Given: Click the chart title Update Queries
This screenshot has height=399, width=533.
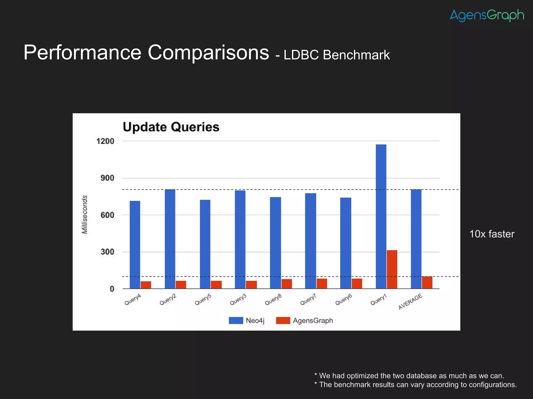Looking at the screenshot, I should coord(171,127).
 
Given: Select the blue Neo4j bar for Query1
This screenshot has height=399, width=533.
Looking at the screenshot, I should coord(381,216).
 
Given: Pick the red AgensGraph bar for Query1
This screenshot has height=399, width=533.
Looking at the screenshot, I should coord(392,269).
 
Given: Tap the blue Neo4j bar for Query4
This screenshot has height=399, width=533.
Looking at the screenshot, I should coord(135,244).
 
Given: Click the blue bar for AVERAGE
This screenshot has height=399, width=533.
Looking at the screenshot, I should coord(416,239).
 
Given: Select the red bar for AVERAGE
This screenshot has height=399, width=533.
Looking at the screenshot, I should coord(427,282).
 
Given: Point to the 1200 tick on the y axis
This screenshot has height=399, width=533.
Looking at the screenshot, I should coord(105,141).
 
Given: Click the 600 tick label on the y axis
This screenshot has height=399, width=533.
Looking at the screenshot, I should coord(107,215).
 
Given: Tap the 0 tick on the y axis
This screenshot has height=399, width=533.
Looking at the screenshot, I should coord(112,289).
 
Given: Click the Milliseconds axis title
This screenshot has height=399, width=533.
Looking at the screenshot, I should coord(85,215).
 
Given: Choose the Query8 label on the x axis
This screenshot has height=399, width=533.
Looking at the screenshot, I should coord(273,300).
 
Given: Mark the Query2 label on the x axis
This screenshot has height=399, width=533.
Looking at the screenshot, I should coord(168,300).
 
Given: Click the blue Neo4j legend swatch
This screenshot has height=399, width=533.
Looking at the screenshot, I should coord(236,320).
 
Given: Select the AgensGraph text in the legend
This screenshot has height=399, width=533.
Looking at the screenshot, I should coord(313,321).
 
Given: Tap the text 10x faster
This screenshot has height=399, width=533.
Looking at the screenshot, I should coord(492,234).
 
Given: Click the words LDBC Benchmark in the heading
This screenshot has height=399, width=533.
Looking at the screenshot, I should coord(337,55).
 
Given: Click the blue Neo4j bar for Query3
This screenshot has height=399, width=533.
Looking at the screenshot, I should coord(240,239).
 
